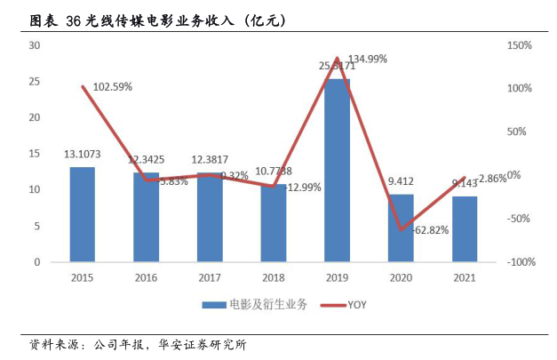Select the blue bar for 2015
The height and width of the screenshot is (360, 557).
(x=82, y=214)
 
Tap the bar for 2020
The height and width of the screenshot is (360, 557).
(x=401, y=228)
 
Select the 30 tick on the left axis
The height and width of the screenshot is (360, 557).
(x=34, y=45)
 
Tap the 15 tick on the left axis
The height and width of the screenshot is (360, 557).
(x=34, y=154)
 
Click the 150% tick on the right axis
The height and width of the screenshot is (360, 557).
(x=519, y=45)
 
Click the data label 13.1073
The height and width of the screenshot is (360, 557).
(x=82, y=155)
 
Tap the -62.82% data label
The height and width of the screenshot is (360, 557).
(x=431, y=229)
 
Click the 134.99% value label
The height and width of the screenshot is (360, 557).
(x=366, y=60)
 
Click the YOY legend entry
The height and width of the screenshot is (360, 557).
(x=343, y=305)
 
